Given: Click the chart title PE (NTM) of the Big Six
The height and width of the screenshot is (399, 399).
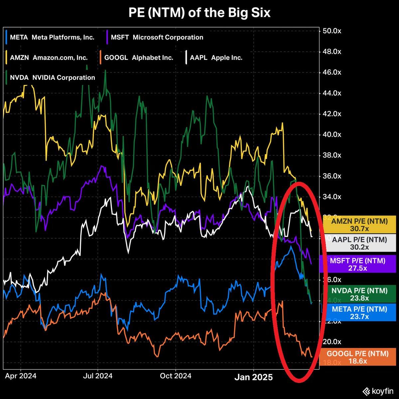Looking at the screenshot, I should tap(199, 13).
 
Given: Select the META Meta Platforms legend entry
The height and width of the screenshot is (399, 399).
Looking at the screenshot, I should tap(51, 37).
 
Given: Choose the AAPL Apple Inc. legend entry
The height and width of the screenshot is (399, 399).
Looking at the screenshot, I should tap(214, 58).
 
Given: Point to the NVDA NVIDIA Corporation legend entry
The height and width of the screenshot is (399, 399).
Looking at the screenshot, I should tap(52, 77).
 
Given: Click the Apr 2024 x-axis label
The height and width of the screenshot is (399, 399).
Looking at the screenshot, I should tap(21, 376).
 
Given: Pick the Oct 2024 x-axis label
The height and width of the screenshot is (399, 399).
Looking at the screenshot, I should tap(176, 376).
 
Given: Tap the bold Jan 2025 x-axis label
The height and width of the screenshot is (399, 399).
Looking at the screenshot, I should tap(254, 377).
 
